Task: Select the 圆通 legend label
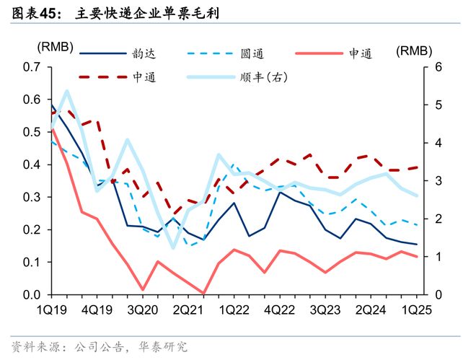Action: click(252, 53)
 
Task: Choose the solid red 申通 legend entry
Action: click(360, 53)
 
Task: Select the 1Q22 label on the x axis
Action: click(234, 309)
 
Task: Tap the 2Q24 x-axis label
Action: click(372, 309)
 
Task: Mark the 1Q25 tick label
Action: click(415, 309)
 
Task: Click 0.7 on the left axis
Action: click(32, 67)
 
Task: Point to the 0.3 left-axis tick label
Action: click(32, 197)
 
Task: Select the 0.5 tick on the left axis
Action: click(32, 132)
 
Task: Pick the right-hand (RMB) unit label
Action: click(414, 51)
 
